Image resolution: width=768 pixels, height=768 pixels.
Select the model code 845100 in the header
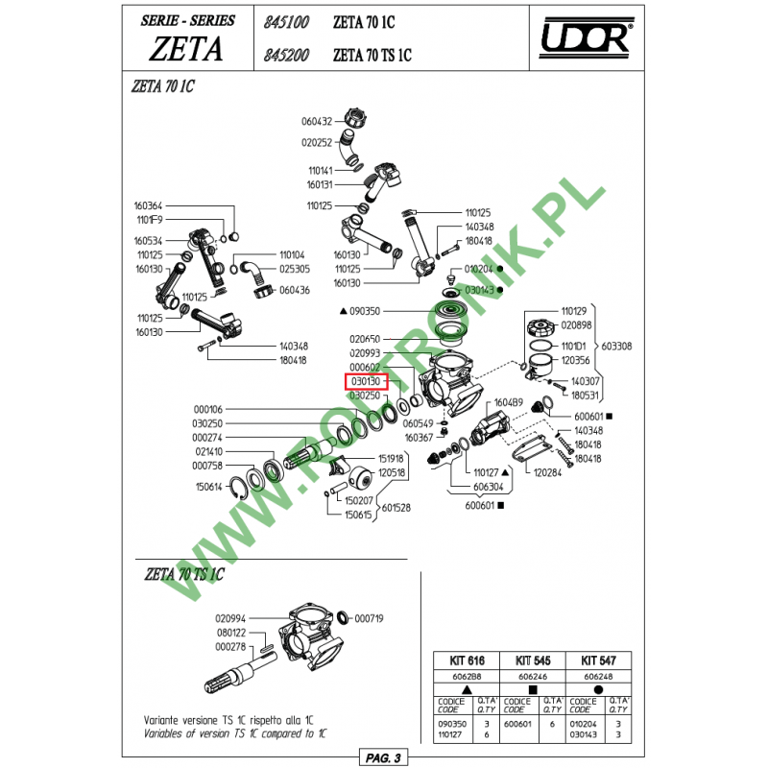point(285,21)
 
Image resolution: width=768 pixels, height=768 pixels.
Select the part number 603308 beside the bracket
point(615,346)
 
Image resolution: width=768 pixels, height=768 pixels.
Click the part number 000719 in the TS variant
point(369,618)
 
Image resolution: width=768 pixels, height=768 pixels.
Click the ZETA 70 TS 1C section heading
point(183,575)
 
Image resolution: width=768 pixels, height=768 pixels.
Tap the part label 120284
point(547,472)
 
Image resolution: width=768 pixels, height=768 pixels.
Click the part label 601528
point(397,508)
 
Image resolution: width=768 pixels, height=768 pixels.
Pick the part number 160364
point(148,205)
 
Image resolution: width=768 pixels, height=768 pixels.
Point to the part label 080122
point(230,633)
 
